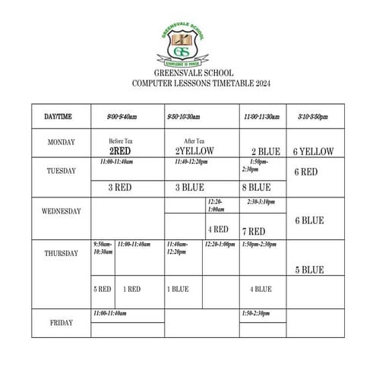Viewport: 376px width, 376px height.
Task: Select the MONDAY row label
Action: (x=60, y=142)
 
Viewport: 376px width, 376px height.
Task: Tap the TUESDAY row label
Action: (x=60, y=171)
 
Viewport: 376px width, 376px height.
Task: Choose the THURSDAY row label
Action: (x=60, y=253)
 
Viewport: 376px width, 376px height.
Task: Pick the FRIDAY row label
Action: (x=60, y=322)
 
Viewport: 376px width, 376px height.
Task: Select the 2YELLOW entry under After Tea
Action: (x=195, y=150)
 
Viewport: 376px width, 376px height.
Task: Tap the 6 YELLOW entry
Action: (x=313, y=151)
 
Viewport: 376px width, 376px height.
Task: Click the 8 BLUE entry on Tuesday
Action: (x=256, y=187)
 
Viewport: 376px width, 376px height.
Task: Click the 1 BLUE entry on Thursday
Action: (x=177, y=289)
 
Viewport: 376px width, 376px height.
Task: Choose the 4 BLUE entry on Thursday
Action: (x=261, y=289)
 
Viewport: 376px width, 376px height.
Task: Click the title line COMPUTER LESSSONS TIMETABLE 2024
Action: (x=200, y=84)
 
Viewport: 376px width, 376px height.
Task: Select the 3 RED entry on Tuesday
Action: (x=121, y=187)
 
